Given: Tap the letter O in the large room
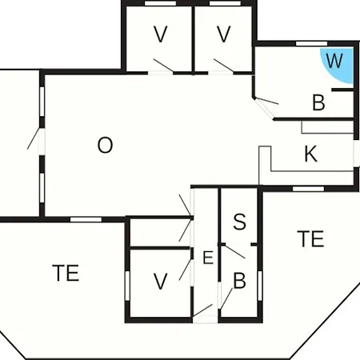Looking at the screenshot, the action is (105, 145).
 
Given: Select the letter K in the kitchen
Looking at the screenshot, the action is (310, 154).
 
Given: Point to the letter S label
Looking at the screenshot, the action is (239, 222).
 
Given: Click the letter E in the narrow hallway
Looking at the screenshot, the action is (208, 258).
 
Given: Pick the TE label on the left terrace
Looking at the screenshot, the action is (66, 273).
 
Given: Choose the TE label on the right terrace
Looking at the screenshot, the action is (310, 238).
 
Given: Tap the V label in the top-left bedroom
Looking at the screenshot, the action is (161, 34).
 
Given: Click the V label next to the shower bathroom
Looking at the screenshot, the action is (223, 34).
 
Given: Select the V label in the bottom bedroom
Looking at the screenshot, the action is (161, 282).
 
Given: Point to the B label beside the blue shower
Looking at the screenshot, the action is (318, 102).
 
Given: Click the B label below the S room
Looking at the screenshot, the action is (239, 281).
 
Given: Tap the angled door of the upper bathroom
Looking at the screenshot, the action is (264, 108).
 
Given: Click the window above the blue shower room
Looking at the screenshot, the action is (311, 43).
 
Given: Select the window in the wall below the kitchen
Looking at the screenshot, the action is (308, 189).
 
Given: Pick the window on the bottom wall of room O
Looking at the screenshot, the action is (86, 219).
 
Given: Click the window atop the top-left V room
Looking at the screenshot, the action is (160, 3).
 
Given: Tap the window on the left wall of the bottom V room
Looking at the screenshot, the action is (127, 286).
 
